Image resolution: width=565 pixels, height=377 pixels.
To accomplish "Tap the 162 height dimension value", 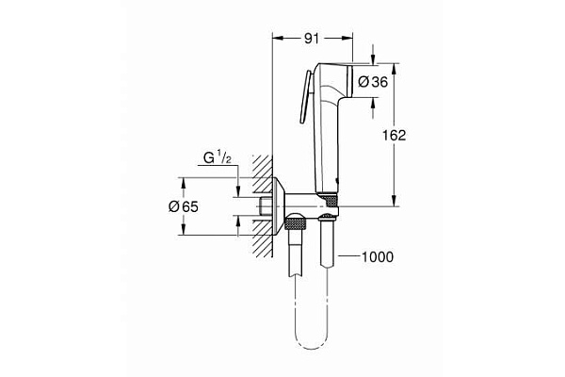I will pyautogui.click(x=394, y=135).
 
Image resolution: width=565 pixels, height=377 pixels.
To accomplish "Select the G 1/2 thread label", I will pyautogui.click(x=218, y=161).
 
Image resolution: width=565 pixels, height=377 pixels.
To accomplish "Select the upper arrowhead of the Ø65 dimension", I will pyautogui.click(x=236, y=184).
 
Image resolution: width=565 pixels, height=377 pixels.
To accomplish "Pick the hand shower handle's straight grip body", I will pyautogui.click(x=324, y=141).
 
